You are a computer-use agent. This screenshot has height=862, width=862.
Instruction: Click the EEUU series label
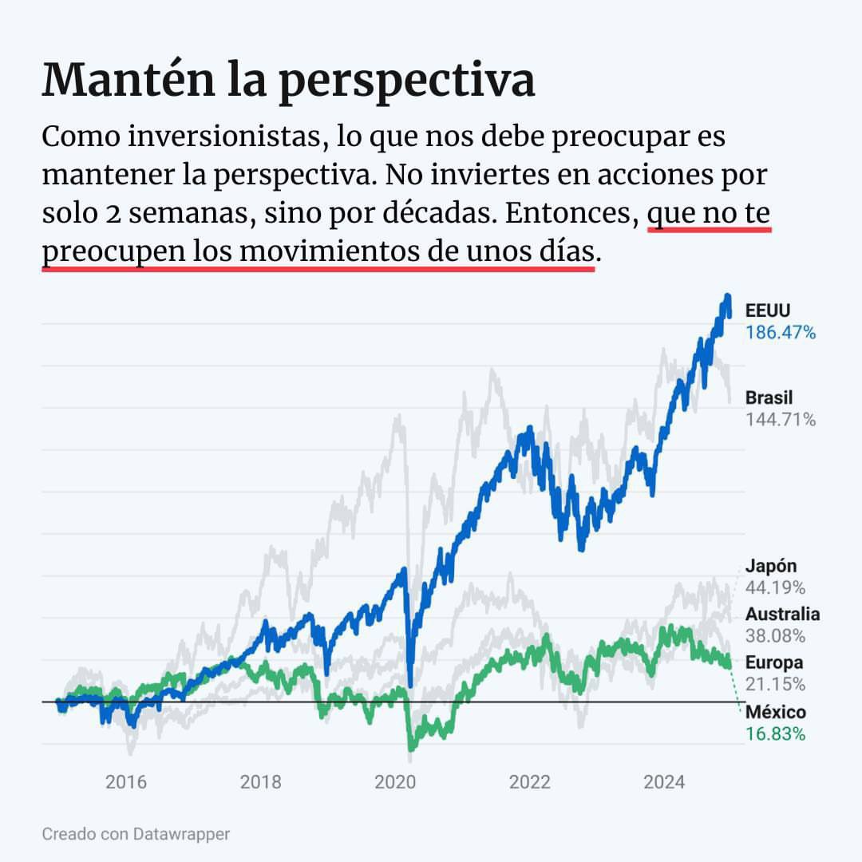[x=768, y=311]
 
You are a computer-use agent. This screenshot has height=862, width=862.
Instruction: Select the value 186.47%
[x=781, y=333]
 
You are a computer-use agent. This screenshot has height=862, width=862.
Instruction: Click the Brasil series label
[x=769, y=397]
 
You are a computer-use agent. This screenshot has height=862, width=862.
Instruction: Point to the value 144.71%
[x=781, y=419]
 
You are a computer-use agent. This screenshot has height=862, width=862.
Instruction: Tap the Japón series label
[x=771, y=567]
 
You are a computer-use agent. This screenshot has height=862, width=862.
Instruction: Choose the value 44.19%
[x=775, y=588]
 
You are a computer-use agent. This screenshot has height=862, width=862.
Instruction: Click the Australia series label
[x=782, y=615]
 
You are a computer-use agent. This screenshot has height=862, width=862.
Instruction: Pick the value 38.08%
[x=775, y=636]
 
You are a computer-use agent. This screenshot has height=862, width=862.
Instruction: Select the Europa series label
[x=774, y=662]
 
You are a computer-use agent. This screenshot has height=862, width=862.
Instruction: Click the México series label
[x=775, y=712]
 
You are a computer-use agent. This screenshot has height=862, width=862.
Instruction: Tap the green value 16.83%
[x=775, y=733]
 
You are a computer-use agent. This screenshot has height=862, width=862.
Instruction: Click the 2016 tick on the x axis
[x=126, y=781]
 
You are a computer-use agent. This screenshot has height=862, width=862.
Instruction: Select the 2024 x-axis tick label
[x=664, y=781]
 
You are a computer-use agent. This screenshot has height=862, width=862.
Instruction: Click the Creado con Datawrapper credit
[x=136, y=834]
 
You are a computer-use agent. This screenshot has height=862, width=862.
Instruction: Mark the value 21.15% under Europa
[x=775, y=684]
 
